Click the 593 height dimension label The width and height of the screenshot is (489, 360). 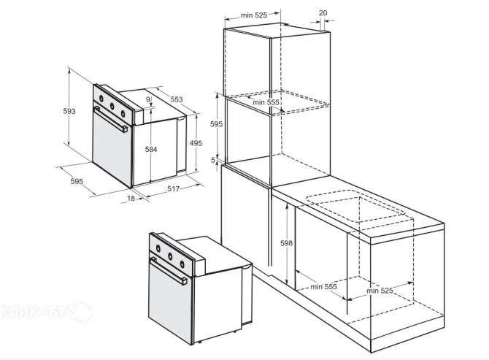[69, 111]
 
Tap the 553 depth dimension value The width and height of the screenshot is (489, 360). [176, 99]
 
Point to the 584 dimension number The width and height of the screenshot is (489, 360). [151, 150]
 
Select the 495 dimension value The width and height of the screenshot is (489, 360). [196, 143]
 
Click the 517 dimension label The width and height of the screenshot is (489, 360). [174, 188]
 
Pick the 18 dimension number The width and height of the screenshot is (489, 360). [131, 199]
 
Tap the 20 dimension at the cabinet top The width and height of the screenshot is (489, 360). [323, 13]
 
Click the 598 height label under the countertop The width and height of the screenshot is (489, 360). [286, 243]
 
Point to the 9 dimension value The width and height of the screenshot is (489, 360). [148, 99]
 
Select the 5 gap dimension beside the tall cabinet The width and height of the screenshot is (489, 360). [213, 160]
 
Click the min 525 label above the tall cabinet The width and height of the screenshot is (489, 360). [254, 15]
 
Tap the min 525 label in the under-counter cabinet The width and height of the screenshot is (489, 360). [380, 291]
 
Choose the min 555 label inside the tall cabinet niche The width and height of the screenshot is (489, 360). [266, 102]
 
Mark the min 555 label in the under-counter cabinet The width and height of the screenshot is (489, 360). [324, 286]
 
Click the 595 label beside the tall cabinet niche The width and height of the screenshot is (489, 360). [216, 124]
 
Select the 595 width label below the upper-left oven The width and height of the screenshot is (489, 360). [77, 181]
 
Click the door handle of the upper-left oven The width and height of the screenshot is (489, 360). [111, 119]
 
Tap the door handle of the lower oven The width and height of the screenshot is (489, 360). [169, 271]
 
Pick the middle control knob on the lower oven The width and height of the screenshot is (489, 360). [170, 257]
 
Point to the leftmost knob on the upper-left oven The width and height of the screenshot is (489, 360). [101, 99]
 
